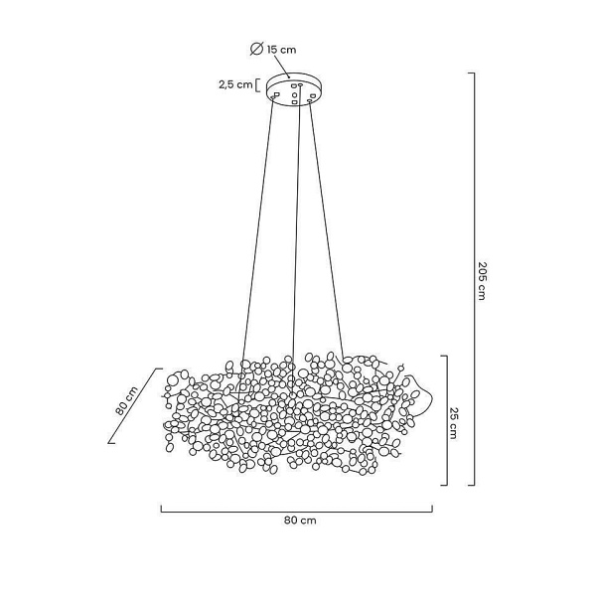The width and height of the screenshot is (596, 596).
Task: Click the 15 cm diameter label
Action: click(x=281, y=50)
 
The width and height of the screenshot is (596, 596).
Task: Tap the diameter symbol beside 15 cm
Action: click(x=256, y=49)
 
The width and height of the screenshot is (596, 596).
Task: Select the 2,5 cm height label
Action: click(x=235, y=84)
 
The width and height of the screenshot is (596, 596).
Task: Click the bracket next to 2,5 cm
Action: click(x=257, y=85)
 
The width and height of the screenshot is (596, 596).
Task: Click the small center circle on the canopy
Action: click(x=294, y=94)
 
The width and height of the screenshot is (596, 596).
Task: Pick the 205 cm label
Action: click(x=482, y=281)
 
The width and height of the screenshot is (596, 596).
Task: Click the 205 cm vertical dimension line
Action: click(x=474, y=279)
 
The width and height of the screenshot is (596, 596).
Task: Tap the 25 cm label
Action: click(x=453, y=423)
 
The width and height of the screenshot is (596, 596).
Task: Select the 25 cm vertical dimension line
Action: click(x=447, y=420)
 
